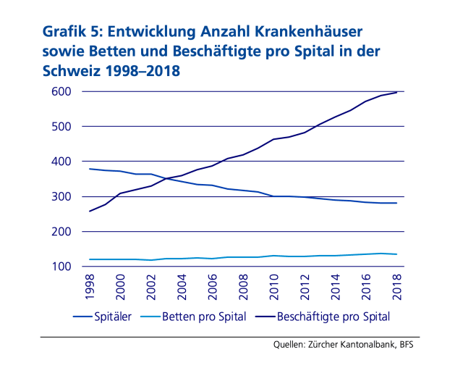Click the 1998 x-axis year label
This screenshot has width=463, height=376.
point(90,288)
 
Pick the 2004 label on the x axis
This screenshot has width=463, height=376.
point(182,288)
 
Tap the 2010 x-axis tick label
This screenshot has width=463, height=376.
point(274,288)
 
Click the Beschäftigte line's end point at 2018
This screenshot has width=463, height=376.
point(396,93)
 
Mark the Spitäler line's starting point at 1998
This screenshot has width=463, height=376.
point(89,169)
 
